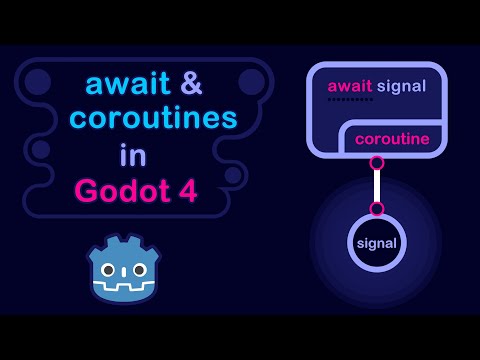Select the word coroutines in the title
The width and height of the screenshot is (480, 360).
(x=151, y=121)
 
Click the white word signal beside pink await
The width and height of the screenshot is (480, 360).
(x=402, y=86)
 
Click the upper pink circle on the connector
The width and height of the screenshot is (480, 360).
(x=377, y=162)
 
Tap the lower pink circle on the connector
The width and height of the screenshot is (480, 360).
(x=377, y=208)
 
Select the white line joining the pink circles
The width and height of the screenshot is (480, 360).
(x=377, y=185)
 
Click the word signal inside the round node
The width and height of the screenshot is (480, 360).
(x=377, y=243)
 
